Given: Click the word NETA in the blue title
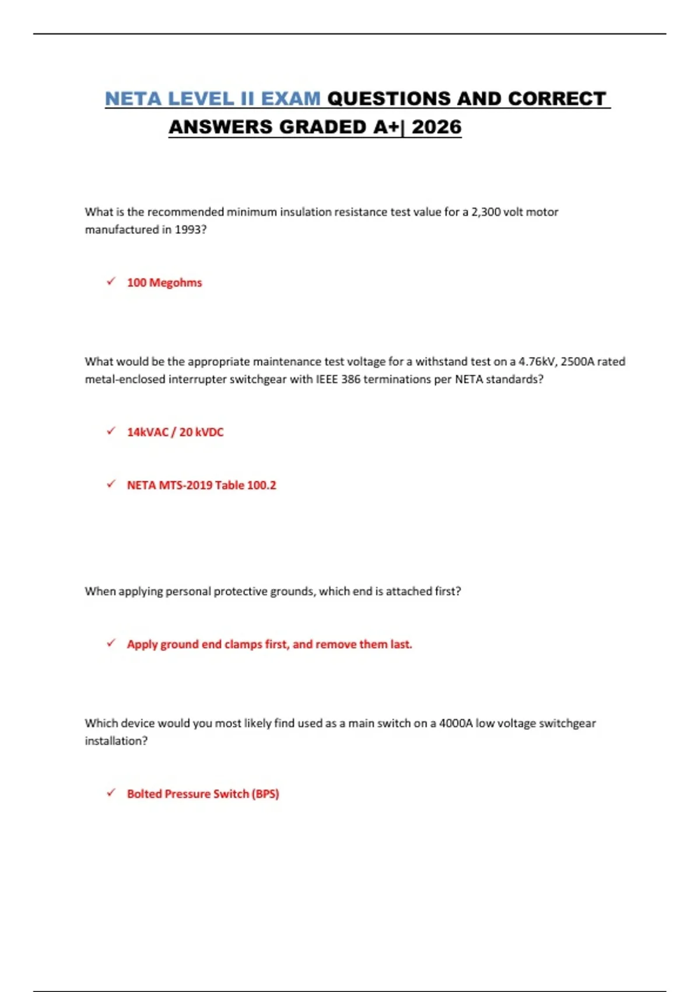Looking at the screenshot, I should click(134, 99).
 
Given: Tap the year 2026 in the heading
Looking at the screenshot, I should click(436, 127).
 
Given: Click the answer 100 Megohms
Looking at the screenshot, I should click(164, 282).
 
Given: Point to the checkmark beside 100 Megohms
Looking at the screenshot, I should click(111, 282).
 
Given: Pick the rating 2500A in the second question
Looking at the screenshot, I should click(577, 361).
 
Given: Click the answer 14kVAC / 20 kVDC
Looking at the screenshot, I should click(175, 432).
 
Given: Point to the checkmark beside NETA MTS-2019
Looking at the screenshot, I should click(111, 484).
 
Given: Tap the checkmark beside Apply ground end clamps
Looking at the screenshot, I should click(111, 643).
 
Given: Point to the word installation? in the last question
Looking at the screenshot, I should click(116, 740).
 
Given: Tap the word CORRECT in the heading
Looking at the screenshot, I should click(557, 99).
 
